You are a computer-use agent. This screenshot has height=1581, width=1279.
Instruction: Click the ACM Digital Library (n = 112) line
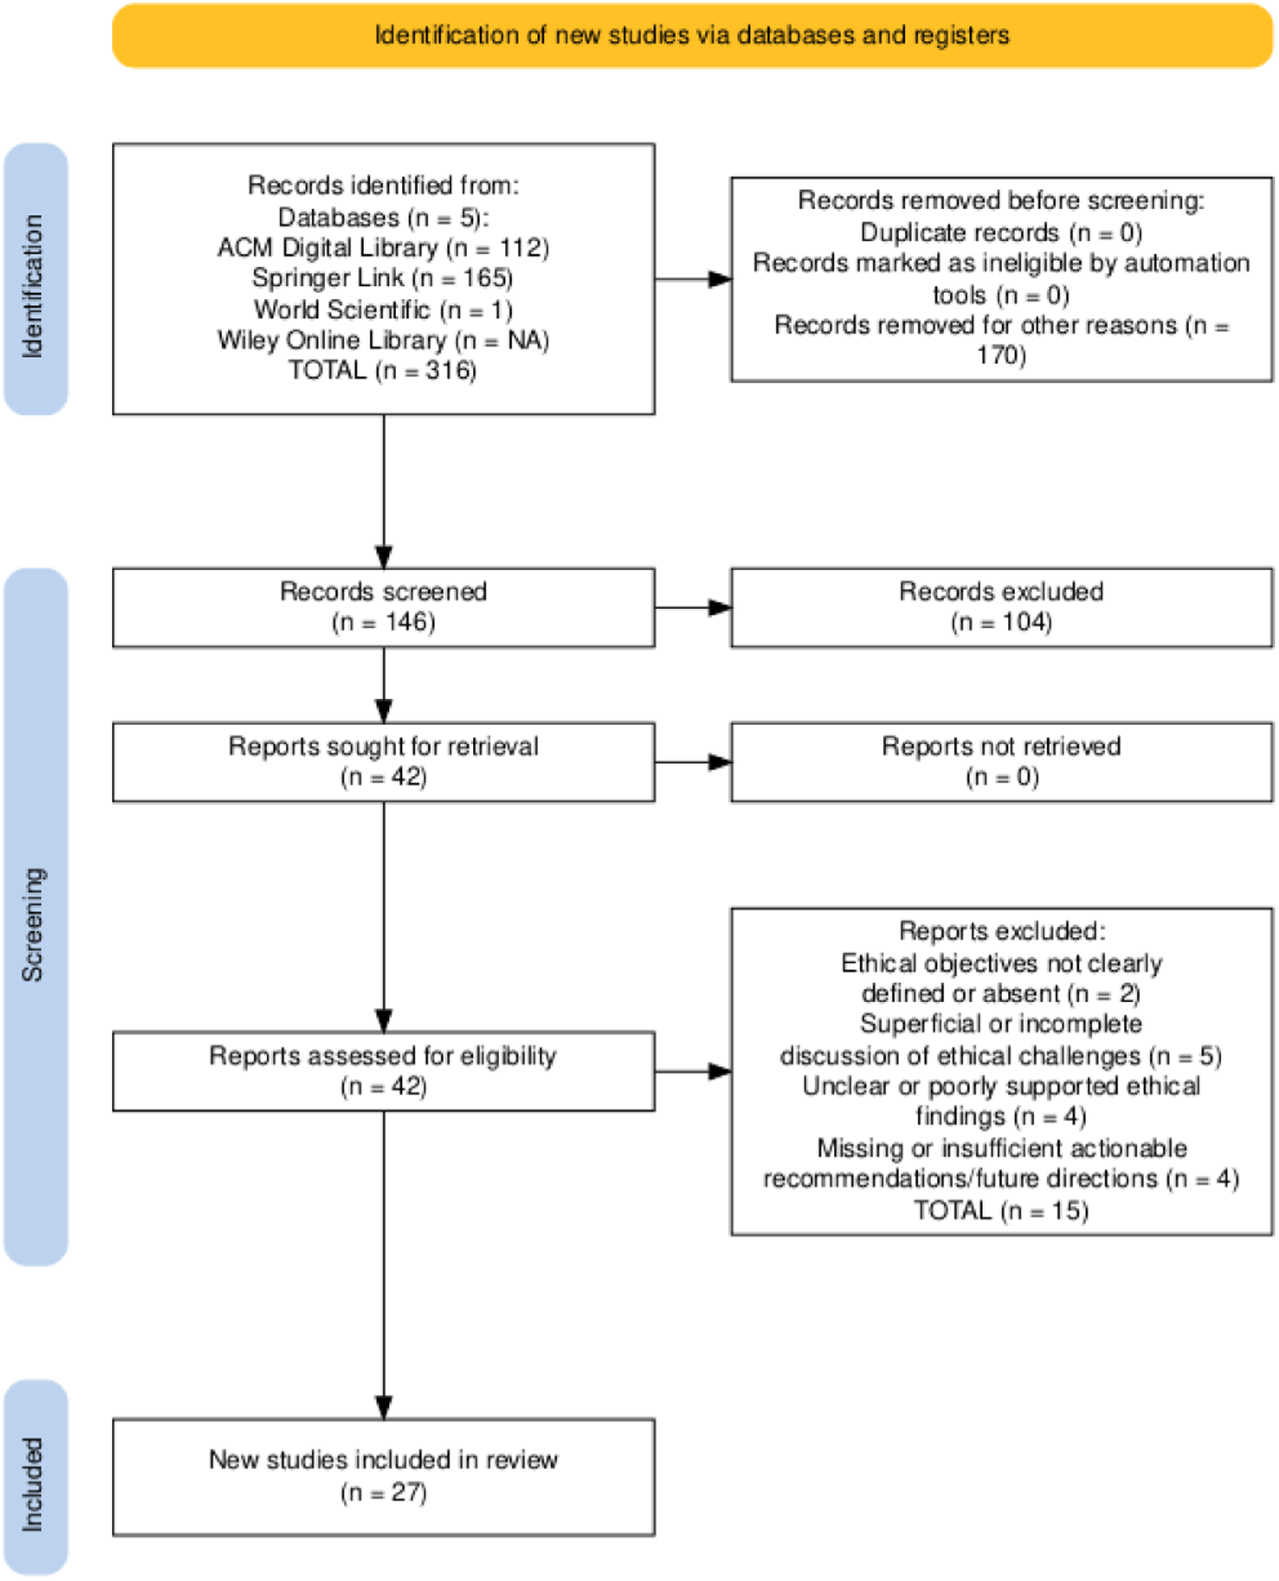click(383, 249)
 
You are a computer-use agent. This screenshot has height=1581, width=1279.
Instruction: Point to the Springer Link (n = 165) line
click(383, 278)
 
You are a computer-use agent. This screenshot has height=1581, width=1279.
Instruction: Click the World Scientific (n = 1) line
click(383, 310)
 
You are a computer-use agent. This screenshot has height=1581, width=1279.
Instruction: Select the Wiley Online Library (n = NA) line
click(383, 341)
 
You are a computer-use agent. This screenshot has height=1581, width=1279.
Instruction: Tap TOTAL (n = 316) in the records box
click(383, 371)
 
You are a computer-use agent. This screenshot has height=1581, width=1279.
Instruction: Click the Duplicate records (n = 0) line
click(1001, 234)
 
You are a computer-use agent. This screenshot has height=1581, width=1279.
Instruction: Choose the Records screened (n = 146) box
click(383, 607)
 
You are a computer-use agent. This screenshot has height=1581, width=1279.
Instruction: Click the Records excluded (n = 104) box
click(1001, 607)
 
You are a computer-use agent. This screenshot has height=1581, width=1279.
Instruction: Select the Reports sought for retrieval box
click(383, 762)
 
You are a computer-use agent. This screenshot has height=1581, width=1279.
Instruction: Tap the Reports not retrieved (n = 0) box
click(1001, 762)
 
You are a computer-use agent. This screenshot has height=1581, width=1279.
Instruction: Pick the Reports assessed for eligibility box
click(383, 1072)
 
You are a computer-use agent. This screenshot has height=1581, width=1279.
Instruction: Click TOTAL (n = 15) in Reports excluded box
click(1001, 1210)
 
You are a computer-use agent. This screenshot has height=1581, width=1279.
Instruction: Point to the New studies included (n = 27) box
click(383, 1476)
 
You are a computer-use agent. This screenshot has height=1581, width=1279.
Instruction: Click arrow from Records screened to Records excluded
click(693, 608)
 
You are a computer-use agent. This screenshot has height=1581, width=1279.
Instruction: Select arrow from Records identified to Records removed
click(693, 280)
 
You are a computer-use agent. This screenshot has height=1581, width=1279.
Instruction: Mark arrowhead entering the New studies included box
click(384, 1406)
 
